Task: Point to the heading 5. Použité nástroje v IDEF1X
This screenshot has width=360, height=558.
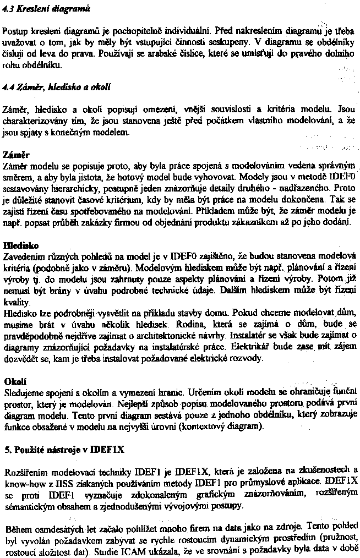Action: pos(64,450)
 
